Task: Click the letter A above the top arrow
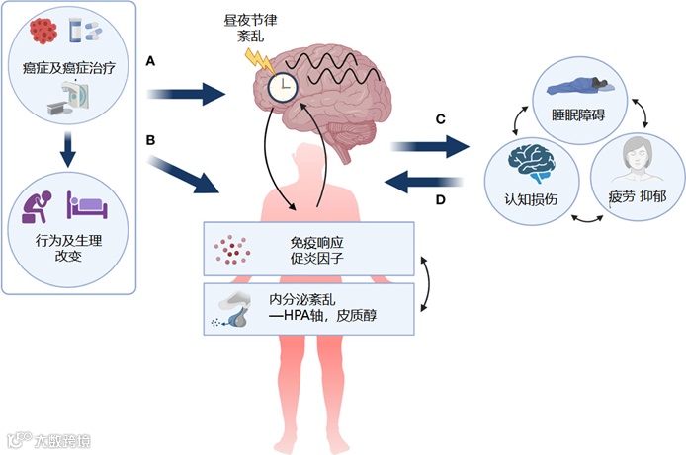click(150, 61)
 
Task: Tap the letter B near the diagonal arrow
click(150, 140)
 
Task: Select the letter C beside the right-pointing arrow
click(441, 119)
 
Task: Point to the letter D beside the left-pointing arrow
click(441, 200)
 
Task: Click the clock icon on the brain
click(283, 88)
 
